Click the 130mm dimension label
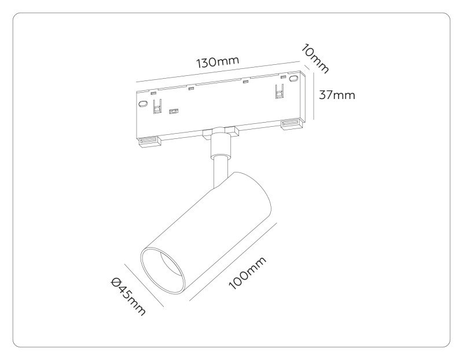coord(218,62)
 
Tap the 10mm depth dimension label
coord(315,59)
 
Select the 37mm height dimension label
coord(337,95)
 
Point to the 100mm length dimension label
coord(248,273)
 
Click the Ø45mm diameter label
coord(128,296)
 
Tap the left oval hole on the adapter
coord(143,104)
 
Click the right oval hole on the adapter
coord(293,78)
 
